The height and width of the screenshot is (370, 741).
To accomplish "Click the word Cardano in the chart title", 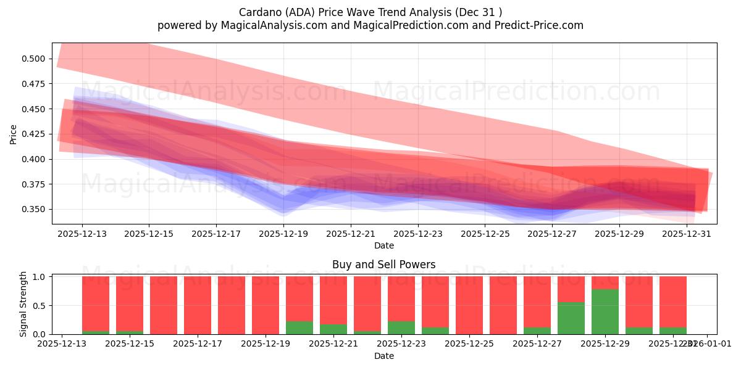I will pos(257,12).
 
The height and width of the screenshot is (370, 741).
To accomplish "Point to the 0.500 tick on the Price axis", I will pos(35,59).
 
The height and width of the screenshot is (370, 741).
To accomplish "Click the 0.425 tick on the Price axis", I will pos(35,134).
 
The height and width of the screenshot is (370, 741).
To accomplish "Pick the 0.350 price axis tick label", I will pos(35,210).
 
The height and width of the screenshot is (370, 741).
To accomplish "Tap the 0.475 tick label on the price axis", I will pos(35,84).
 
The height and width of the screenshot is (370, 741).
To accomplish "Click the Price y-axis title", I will pos(14,133).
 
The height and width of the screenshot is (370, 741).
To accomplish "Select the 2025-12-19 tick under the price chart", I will pos(283,234).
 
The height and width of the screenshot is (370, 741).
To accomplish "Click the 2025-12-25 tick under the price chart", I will pos(485,234).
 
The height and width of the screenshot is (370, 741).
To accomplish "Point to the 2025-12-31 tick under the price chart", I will pos(687,234).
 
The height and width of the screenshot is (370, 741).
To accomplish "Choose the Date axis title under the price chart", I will pos(383,245).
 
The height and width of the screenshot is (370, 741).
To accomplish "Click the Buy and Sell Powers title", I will pos(383,265).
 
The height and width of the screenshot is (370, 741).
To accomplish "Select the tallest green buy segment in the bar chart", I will pos(605,311).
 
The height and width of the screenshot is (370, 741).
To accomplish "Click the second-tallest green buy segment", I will pos(571,318).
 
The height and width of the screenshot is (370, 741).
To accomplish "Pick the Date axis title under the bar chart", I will pos(383,356).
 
